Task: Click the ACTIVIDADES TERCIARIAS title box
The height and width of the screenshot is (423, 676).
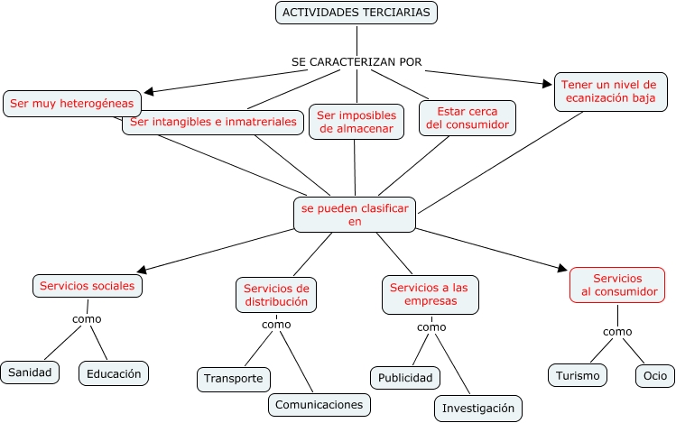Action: pyautogui.click(x=357, y=13)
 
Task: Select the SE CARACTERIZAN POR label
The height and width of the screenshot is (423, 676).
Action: pyautogui.click(x=357, y=62)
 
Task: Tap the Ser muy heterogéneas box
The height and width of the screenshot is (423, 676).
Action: pyautogui.click(x=73, y=104)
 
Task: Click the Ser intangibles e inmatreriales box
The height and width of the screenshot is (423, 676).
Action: pyautogui.click(x=213, y=122)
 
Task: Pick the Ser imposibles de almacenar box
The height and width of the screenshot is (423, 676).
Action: pyautogui.click(x=356, y=121)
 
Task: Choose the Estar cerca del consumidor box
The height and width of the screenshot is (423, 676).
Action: pyautogui.click(x=467, y=117)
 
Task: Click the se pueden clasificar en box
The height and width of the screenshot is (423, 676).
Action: pyautogui.click(x=355, y=214)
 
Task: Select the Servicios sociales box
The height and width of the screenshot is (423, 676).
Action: pyautogui.click(x=88, y=286)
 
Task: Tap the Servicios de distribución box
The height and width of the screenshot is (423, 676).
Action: pyautogui.click(x=276, y=295)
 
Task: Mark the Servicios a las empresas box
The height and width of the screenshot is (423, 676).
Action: pyautogui.click(x=430, y=294)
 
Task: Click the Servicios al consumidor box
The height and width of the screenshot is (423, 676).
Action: pyautogui.click(x=618, y=285)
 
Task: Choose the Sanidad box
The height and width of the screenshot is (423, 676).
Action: pyautogui.click(x=30, y=372)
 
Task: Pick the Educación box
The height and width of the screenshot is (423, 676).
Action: pyautogui.click(x=113, y=372)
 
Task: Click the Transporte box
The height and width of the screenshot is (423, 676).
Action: pyautogui.click(x=233, y=379)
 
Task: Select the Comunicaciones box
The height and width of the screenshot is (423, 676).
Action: pyautogui.click(x=319, y=404)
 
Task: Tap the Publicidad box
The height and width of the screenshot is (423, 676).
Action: pyautogui.click(x=405, y=377)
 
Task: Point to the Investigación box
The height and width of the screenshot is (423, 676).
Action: pyautogui.click(x=477, y=408)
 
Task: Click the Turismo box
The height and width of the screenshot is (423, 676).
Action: pyautogui.click(x=578, y=374)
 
